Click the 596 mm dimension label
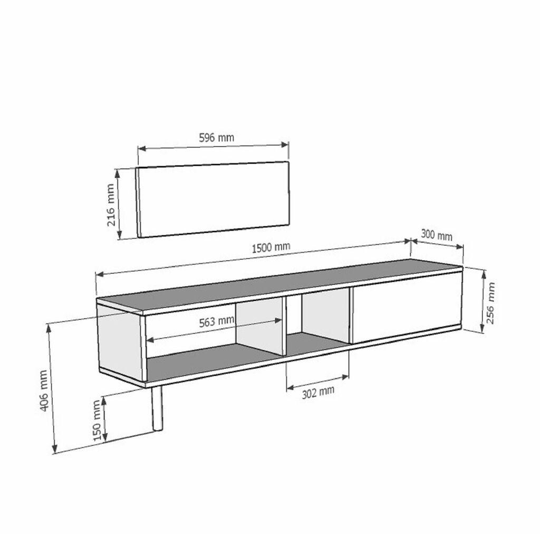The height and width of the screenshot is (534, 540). pos(216,138)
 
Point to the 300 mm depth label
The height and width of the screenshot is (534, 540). pos(437,235)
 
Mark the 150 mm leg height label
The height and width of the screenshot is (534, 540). pos(97,420)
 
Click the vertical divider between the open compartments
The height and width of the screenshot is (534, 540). pos(285,325)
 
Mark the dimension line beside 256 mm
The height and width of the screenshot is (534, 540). pos(483,301)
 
